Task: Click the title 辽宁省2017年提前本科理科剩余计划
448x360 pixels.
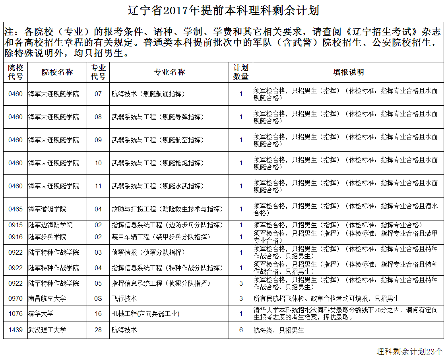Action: [x=223, y=10]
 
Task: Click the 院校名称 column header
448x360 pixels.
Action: [x=57, y=72]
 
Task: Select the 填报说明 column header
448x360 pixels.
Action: [x=348, y=72]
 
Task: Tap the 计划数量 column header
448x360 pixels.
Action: [x=241, y=72]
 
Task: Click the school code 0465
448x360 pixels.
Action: [x=16, y=209]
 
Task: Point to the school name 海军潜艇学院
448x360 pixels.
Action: [x=47, y=209]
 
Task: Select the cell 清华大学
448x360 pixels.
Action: [x=41, y=314]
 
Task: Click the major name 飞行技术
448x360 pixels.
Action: [x=124, y=298]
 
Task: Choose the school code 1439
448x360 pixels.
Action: [x=16, y=330]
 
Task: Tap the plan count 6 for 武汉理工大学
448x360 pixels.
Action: [x=241, y=330]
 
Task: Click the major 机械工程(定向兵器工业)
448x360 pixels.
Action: [x=145, y=314]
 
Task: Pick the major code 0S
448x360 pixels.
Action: [x=98, y=298]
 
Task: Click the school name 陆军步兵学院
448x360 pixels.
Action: [x=47, y=237]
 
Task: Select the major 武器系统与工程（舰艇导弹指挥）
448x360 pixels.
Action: [x=158, y=117]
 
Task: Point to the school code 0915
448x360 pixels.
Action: [x=16, y=225]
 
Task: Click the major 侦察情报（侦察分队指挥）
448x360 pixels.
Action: [x=148, y=252]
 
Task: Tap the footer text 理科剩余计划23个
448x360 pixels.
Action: [x=409, y=352]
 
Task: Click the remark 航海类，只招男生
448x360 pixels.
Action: [x=279, y=330]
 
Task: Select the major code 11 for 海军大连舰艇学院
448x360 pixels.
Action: [x=98, y=186]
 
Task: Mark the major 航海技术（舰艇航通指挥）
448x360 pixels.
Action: [x=148, y=94]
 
